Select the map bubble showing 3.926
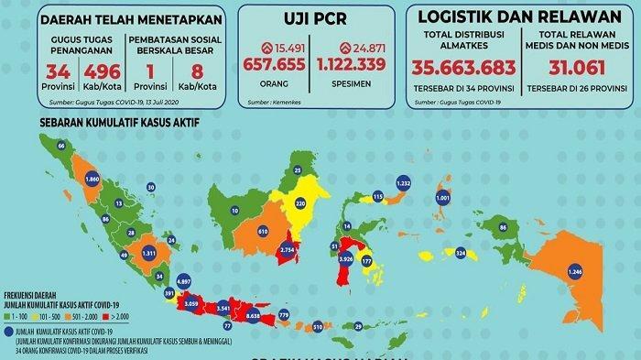click(346, 259)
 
